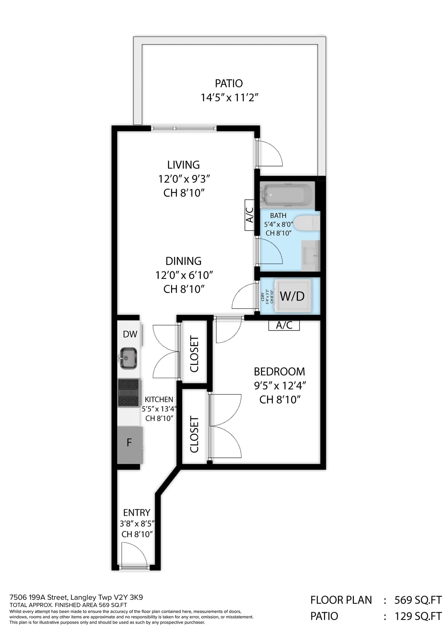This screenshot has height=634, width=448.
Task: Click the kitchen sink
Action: point(128,358)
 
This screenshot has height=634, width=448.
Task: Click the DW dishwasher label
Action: point(130,334)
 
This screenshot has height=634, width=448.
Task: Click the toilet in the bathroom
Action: point(307,223)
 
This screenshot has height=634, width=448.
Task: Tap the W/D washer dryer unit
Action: point(293,296)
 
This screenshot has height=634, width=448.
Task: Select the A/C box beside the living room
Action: point(249,215)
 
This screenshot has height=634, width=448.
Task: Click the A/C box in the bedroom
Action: point(284,325)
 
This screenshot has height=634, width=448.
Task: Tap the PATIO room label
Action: point(229,83)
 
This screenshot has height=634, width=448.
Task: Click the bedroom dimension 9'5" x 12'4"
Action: point(279,386)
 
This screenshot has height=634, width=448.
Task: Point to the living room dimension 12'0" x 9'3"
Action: point(184,178)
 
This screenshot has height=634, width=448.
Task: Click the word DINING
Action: point(183,261)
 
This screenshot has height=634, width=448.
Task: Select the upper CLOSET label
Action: point(194,354)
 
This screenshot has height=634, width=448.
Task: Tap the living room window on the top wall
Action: point(184,129)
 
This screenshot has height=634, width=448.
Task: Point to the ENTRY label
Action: point(137,512)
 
